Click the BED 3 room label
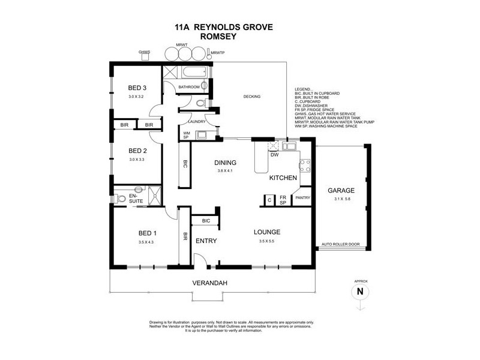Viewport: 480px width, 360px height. click(137, 88)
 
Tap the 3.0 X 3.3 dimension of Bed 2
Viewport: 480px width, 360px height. click(137, 160)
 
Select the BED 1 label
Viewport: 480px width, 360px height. click(147, 233)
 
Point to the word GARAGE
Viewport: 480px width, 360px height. click(340, 191)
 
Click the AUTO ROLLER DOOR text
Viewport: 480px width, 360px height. click(340, 245)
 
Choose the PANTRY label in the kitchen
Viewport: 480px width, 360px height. click(301, 197)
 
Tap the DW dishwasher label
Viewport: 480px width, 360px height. click(274, 155)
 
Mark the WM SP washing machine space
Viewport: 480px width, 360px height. click(187, 136)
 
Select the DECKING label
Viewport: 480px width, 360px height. click(251, 97)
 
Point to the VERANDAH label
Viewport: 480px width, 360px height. click(208, 282)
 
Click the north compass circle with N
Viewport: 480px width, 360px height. click(360, 292)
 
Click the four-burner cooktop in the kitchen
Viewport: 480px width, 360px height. click(304, 164)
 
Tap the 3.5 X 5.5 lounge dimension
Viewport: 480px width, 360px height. click(266, 241)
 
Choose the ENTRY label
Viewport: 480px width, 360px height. click(206, 241)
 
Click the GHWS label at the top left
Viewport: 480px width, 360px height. click(144, 52)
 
